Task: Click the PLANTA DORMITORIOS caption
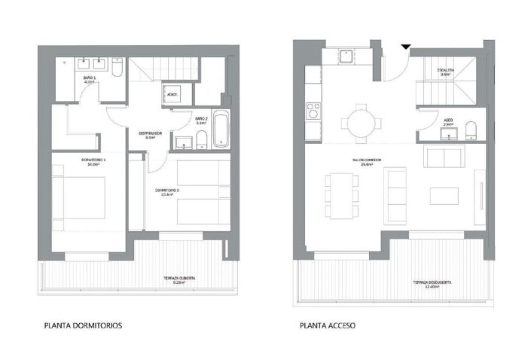click(x=83, y=327)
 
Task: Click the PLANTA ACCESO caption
click(x=328, y=327)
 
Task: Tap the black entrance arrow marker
click(x=405, y=49)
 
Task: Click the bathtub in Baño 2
click(x=221, y=129)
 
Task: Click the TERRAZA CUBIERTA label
click(x=180, y=279)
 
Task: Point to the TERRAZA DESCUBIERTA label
click(x=432, y=282)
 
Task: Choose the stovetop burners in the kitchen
click(x=311, y=112)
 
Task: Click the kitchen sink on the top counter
click(x=346, y=56)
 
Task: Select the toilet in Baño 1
click(x=119, y=69)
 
